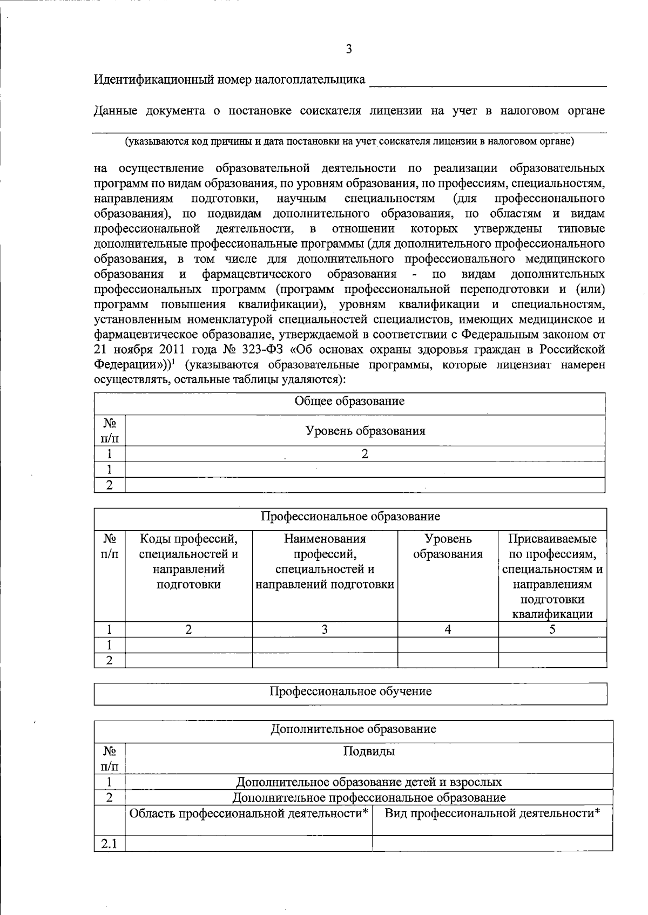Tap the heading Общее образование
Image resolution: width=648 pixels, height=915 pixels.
coord(349,402)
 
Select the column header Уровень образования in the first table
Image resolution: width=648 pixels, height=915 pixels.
coord(365,431)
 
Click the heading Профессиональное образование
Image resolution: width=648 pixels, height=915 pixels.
coord(350,517)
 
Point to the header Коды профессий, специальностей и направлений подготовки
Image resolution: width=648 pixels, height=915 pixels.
coord(188,561)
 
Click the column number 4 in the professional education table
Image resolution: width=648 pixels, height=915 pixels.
coord(448,629)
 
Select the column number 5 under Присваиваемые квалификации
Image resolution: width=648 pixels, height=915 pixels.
coord(552,629)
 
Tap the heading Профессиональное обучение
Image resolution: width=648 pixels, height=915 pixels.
coord(350,692)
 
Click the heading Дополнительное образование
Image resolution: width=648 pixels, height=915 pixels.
coord(353,729)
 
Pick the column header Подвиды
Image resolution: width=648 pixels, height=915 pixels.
coord(369,751)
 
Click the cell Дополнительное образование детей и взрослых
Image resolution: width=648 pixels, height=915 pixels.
coord(369,782)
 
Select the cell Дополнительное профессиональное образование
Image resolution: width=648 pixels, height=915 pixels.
coord(369,797)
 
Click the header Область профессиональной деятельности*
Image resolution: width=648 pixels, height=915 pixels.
coord(248,813)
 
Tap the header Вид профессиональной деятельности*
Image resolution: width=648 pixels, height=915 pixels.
coord(492,813)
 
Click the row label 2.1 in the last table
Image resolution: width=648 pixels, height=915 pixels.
coord(109,843)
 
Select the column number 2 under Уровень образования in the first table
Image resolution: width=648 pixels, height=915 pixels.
coord(365,454)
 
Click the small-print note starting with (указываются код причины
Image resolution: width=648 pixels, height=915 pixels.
coord(349,142)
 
